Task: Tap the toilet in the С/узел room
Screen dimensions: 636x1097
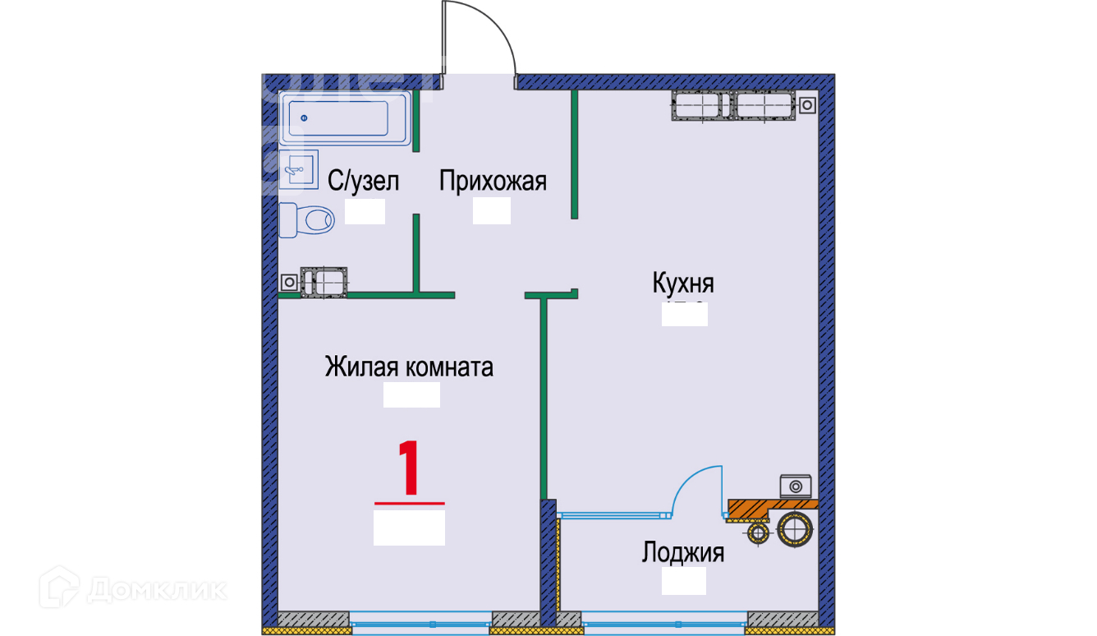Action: point(308,220)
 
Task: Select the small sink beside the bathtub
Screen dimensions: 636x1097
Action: point(296,170)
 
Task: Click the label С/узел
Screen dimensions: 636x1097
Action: point(363,182)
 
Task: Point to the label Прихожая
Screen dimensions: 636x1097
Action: point(493,181)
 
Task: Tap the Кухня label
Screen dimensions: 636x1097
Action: point(683,284)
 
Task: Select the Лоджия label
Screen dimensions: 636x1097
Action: point(683,553)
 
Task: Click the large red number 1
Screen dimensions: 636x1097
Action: point(409,468)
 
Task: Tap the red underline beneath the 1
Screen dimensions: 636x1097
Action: point(409,502)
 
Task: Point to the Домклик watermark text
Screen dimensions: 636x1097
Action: point(156,589)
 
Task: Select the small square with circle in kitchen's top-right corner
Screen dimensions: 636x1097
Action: point(808,105)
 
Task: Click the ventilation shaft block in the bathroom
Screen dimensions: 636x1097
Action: point(325,282)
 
